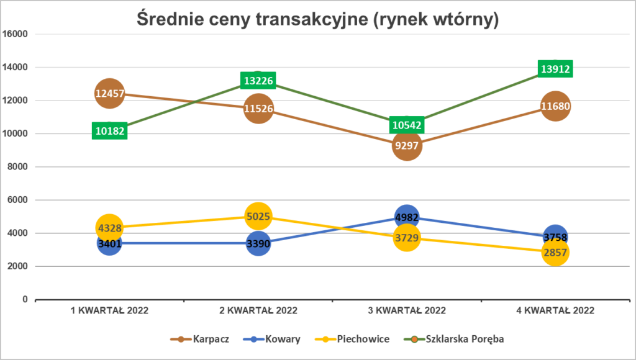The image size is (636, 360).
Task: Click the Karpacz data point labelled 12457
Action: pos(109,94)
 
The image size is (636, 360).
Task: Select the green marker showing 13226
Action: pos(258,81)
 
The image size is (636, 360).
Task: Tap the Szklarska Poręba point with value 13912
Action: pos(555,70)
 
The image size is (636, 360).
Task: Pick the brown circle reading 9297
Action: pos(406,146)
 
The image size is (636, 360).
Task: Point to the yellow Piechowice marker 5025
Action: pos(258,217)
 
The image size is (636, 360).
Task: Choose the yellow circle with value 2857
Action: pos(555,252)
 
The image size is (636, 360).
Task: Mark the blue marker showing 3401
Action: pos(109,243)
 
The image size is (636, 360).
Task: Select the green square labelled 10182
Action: pos(109,130)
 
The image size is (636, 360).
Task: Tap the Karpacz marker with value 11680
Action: pos(555,107)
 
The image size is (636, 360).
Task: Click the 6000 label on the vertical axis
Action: pos(18,200)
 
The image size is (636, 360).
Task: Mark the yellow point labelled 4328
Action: pos(109,228)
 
